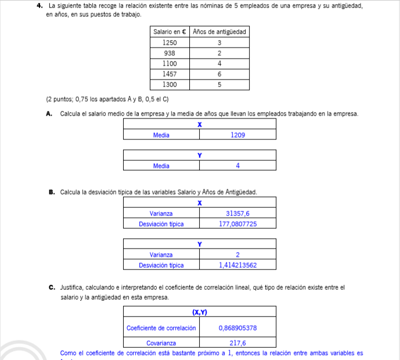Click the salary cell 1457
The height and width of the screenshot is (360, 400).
pos(170,74)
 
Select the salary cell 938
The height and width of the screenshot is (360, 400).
pos(170,53)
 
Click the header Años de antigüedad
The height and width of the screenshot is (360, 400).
pos(219,32)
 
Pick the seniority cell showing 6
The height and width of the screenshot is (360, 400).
pos(219,74)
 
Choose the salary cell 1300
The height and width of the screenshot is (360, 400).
pos(170,84)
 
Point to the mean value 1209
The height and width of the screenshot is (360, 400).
pos(238,135)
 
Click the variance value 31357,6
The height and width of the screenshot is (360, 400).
pos(238,214)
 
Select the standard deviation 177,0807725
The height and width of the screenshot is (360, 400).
pos(238,224)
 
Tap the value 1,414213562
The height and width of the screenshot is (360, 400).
pos(238,265)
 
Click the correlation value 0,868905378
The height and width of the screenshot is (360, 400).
pos(238,328)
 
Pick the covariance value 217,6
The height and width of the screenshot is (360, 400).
pos(238,343)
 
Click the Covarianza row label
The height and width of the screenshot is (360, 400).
pos(161,343)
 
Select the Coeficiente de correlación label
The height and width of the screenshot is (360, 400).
pos(161,328)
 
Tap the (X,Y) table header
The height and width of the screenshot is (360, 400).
pos(200,313)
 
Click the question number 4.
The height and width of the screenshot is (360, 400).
pos(38,5)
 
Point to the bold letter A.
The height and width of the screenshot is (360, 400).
pos(49,113)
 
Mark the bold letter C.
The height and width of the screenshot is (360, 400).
pos(52,287)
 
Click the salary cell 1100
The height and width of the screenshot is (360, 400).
pos(170,63)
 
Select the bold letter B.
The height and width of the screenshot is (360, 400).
pos(52,192)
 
